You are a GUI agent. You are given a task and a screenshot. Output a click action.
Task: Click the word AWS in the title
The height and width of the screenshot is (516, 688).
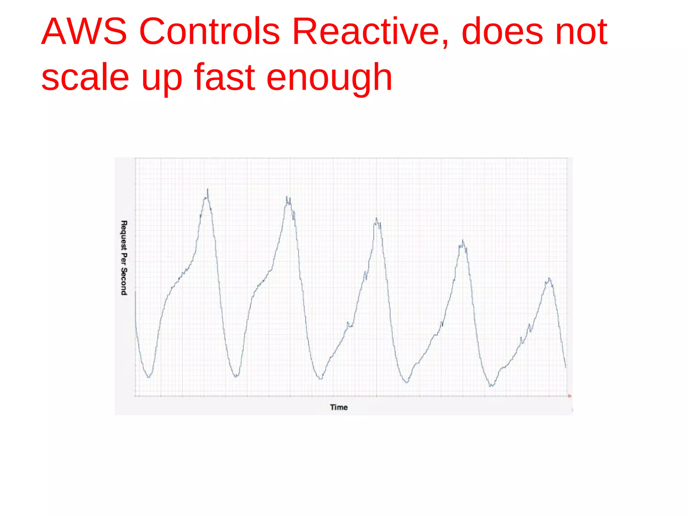pyautogui.click(x=84, y=32)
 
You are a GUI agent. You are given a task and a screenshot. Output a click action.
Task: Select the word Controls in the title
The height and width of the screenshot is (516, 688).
pyautogui.click(x=209, y=32)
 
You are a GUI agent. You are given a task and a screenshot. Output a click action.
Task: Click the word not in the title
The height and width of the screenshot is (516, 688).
pyautogui.click(x=581, y=32)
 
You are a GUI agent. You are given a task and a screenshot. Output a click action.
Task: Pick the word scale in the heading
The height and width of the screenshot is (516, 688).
pyautogui.click(x=85, y=78)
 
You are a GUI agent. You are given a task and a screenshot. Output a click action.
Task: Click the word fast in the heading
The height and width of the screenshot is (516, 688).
pyautogui.click(x=225, y=78)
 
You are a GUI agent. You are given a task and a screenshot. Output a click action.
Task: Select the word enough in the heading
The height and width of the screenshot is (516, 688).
pyautogui.click(x=329, y=78)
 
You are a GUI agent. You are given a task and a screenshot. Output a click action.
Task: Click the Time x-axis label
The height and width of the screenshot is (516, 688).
pyautogui.click(x=339, y=407)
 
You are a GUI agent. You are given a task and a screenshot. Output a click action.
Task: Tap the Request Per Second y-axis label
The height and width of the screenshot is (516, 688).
pyautogui.click(x=124, y=258)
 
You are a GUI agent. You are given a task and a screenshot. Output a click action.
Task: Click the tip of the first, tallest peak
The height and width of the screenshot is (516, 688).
pyautogui.click(x=208, y=189)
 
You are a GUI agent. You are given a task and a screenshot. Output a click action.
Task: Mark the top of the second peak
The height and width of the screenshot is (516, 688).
pyautogui.click(x=287, y=197)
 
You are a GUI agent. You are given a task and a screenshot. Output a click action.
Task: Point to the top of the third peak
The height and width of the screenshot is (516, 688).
pyautogui.click(x=376, y=218)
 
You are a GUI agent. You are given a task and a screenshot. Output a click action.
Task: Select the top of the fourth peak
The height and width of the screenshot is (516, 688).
pyautogui.click(x=463, y=240)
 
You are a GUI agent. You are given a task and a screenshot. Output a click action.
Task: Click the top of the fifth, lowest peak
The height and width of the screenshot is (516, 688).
pyautogui.click(x=549, y=278)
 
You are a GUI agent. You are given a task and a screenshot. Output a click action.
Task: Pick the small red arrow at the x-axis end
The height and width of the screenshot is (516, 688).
pyautogui.click(x=570, y=396)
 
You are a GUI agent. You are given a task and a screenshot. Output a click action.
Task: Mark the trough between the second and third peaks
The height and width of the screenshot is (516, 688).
pyautogui.click(x=321, y=379)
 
